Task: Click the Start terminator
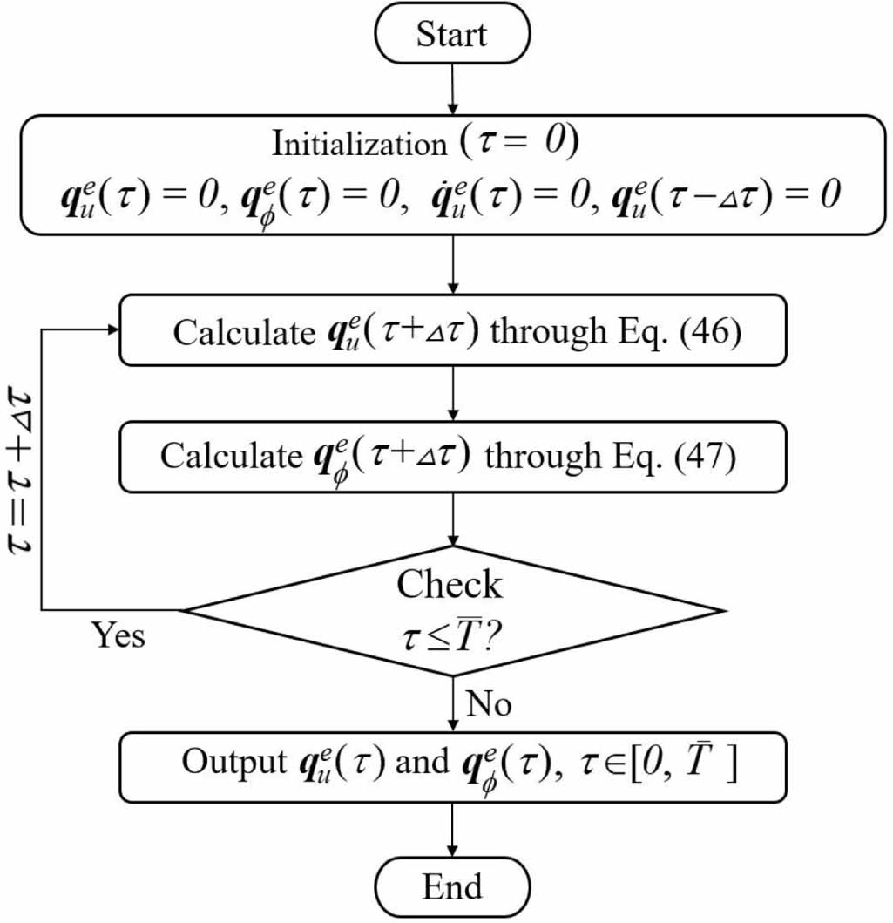[451, 35]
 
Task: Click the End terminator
[451, 887]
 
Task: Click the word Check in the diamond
[450, 585]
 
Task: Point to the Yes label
[118, 635]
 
